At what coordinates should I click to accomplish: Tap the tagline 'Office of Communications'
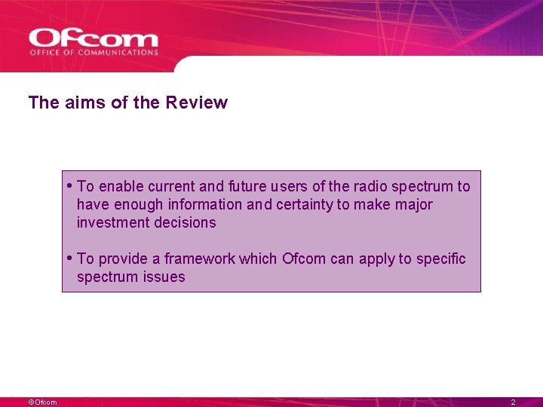point(94,53)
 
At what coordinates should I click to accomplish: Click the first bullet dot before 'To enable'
point(69,185)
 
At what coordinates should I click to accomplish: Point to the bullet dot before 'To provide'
point(69,258)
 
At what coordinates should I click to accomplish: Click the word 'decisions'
point(185,222)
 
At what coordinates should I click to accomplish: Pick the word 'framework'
point(199,259)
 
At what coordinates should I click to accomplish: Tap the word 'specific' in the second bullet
point(441,259)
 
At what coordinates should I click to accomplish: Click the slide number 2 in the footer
point(513,402)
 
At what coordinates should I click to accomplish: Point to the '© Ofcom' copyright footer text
point(42,402)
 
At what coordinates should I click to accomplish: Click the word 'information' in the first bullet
point(206,204)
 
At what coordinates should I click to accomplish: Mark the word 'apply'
point(376,259)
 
